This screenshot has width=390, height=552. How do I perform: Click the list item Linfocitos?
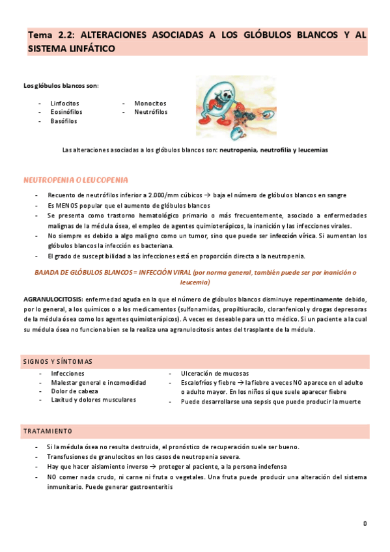pyautogui.click(x=64, y=103)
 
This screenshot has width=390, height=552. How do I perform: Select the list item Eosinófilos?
pyautogui.click(x=66, y=112)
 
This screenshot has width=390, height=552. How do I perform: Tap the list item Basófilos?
pyautogui.click(x=64, y=121)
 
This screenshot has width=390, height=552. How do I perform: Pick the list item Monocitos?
pyautogui.click(x=150, y=103)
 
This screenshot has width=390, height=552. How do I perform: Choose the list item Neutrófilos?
pyautogui.click(x=150, y=112)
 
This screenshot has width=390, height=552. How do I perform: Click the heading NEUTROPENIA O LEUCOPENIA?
pyautogui.click(x=76, y=180)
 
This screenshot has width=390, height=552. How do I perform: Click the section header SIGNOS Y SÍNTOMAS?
pyautogui.click(x=57, y=361)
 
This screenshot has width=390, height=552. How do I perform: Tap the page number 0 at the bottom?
pyautogui.click(x=365, y=523)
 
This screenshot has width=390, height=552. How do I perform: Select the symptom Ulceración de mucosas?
pyautogui.click(x=215, y=374)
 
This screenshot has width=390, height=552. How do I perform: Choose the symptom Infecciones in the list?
pyautogui.click(x=68, y=374)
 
